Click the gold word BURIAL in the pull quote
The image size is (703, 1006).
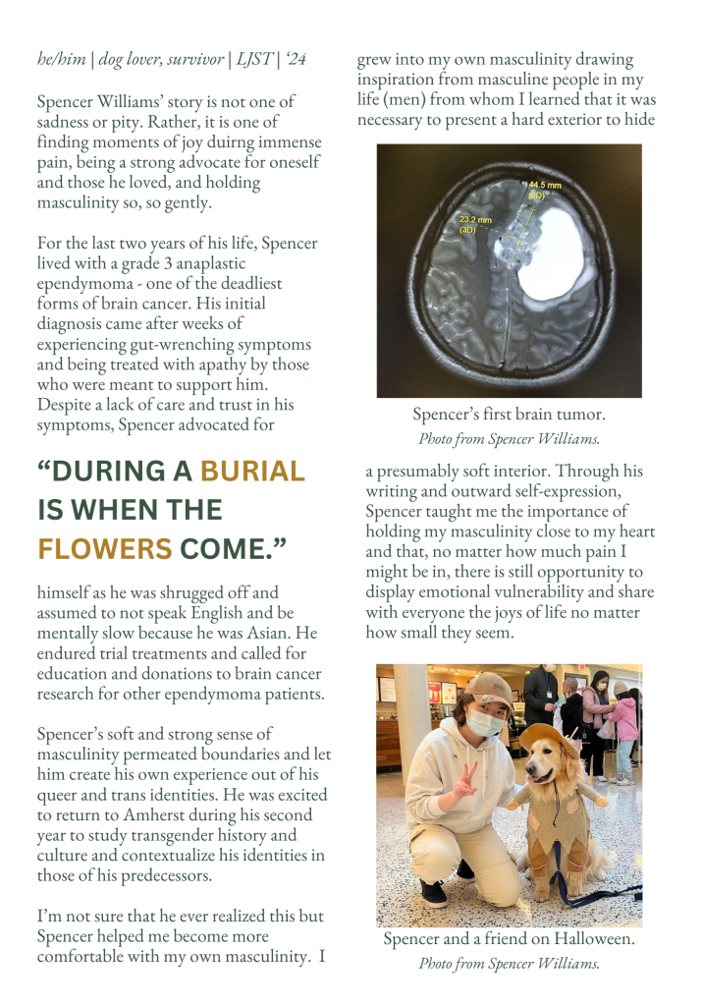(x=253, y=472)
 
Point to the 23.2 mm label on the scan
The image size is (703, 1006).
(x=473, y=223)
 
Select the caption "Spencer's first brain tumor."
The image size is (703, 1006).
(x=509, y=415)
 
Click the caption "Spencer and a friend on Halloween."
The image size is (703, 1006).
(x=509, y=939)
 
